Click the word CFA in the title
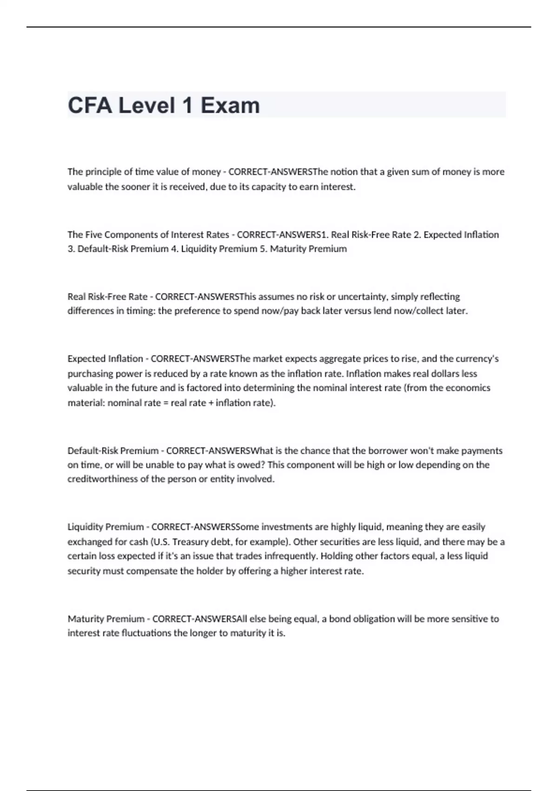90,105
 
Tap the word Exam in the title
230,105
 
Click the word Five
93,235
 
